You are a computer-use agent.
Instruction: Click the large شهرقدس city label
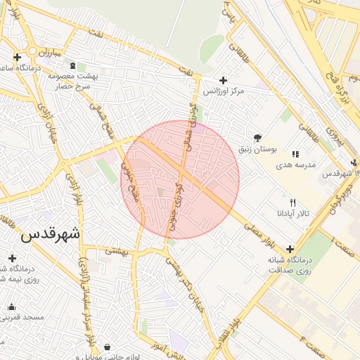[51, 233]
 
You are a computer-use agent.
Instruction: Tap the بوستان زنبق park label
[277, 150]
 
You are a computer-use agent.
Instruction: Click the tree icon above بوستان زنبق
[258, 139]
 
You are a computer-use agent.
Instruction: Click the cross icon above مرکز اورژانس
[224, 80]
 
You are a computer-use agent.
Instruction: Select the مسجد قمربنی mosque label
[25, 317]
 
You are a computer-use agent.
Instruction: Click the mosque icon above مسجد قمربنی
[11, 307]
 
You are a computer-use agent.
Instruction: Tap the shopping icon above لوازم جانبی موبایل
[106, 347]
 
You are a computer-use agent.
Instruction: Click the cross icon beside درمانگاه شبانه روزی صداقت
[290, 249]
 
